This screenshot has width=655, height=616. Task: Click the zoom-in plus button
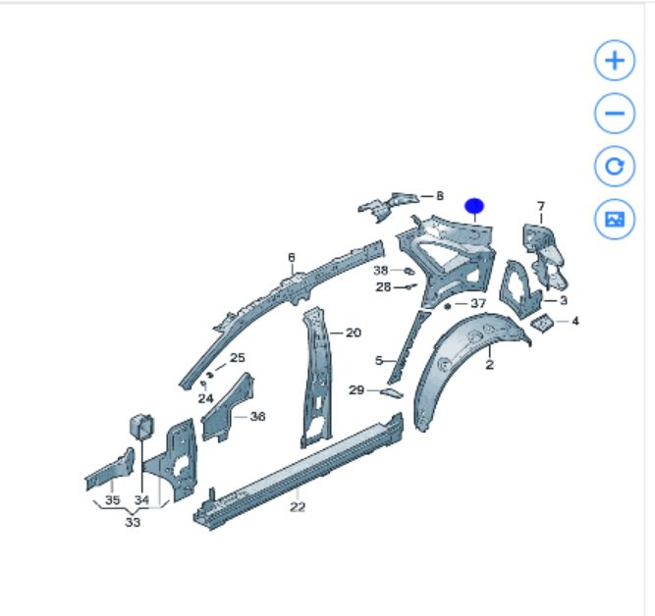tap(615, 60)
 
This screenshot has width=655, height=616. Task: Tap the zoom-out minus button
tap(615, 113)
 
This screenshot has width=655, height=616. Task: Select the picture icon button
tap(615, 219)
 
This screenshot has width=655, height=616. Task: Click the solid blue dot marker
tap(474, 206)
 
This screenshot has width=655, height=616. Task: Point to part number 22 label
tap(298, 507)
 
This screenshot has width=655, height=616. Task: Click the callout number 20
tap(353, 333)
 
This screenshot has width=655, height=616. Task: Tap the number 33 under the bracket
tap(133, 522)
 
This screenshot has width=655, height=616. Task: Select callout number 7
tap(541, 206)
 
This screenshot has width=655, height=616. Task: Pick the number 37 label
tap(478, 303)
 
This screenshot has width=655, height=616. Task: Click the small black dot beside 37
tap(448, 306)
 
